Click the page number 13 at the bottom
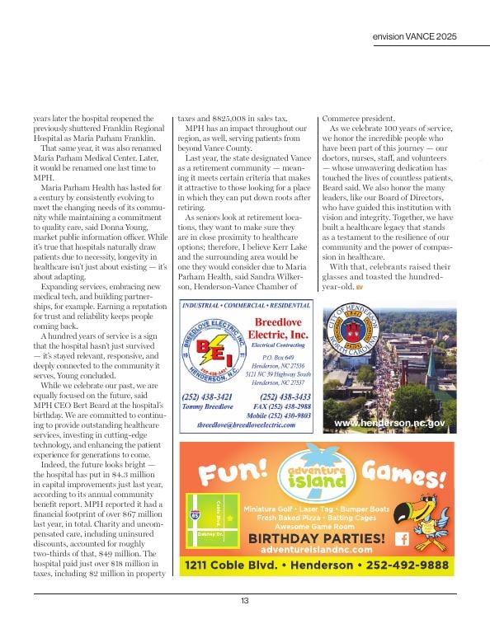[x=245, y=601]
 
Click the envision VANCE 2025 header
[x=415, y=37]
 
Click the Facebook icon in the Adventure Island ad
[x=403, y=538]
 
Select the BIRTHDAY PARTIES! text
[x=317, y=538]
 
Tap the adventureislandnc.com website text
[x=317, y=549]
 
